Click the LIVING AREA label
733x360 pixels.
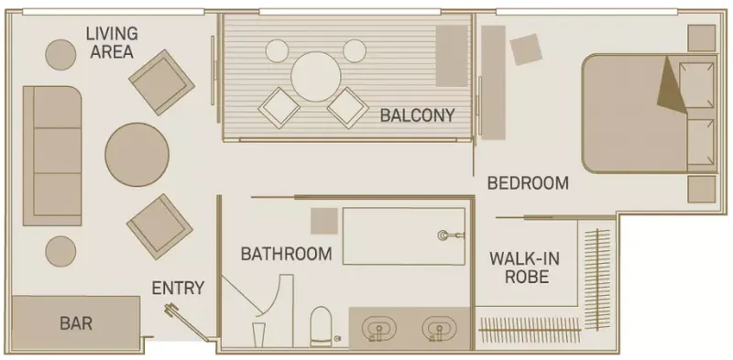tap(112, 42)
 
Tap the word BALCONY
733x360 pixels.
tap(417, 115)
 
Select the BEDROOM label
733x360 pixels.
tap(528, 183)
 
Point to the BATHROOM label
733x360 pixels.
tap(286, 254)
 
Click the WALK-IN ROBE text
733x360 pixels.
tap(524, 267)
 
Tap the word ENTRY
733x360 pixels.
tap(178, 288)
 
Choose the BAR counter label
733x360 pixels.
tap(76, 323)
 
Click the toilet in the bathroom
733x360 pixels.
tap(321, 326)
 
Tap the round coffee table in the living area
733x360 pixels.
tap(137, 155)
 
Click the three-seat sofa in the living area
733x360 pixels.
tap(52, 156)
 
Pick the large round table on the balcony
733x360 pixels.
tap(316, 76)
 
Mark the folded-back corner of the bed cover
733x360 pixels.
tap(672, 85)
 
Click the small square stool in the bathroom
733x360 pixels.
tap(324, 221)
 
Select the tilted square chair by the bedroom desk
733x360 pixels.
tap(526, 49)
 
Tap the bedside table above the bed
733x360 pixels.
tap(702, 38)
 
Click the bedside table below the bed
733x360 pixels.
tap(702, 189)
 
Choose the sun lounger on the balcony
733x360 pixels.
tap(452, 56)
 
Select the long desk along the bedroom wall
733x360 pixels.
tap(493, 82)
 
